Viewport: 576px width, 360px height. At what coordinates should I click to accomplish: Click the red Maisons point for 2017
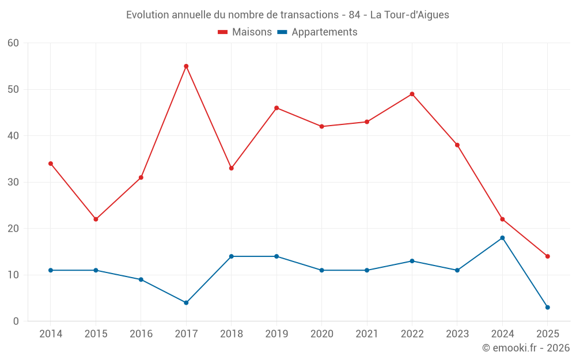[186, 66]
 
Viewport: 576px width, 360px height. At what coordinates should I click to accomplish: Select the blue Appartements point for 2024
[502, 238]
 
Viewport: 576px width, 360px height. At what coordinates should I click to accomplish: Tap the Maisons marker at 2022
[412, 94]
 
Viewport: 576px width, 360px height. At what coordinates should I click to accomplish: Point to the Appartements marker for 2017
[186, 302]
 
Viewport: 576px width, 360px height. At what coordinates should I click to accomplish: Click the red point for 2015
[96, 219]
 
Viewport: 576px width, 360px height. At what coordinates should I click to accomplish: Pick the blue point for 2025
[547, 307]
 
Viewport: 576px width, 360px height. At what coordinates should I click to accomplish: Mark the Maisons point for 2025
[547, 256]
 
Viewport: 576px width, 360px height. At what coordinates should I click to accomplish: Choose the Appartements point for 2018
[231, 256]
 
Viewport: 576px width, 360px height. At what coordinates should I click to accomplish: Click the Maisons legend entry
[245, 32]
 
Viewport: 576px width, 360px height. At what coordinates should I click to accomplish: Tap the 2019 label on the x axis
[276, 334]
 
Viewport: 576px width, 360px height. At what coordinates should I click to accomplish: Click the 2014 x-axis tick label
[51, 334]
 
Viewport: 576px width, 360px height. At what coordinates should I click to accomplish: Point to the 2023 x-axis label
[457, 334]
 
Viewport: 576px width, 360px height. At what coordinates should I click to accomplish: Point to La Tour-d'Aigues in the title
[410, 15]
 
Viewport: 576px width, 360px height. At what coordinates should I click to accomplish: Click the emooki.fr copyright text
[526, 348]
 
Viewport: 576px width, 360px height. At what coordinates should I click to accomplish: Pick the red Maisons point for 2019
[276, 108]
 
